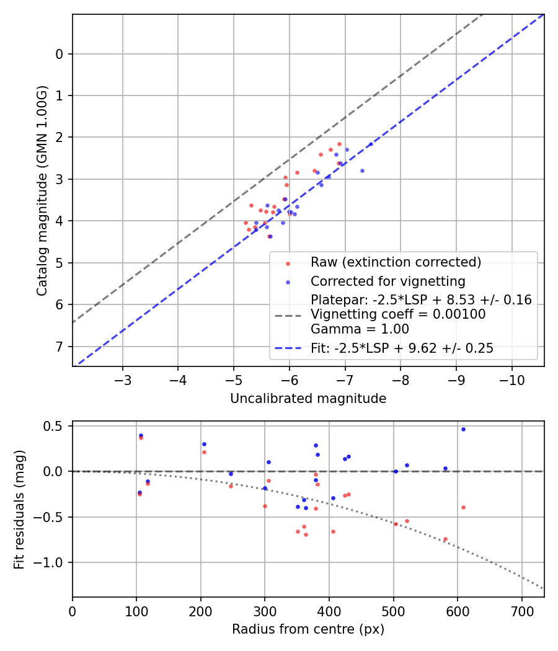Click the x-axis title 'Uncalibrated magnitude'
(x=308, y=399)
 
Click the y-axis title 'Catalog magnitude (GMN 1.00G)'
(x=42, y=190)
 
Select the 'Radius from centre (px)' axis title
(x=308, y=629)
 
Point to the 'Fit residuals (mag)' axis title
(x=19, y=509)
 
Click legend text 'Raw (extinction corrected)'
(x=396, y=262)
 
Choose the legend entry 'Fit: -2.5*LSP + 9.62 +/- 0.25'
(x=402, y=348)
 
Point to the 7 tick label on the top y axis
(x=60, y=346)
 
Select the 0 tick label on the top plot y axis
(x=60, y=54)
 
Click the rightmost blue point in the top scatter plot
(x=371, y=144)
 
